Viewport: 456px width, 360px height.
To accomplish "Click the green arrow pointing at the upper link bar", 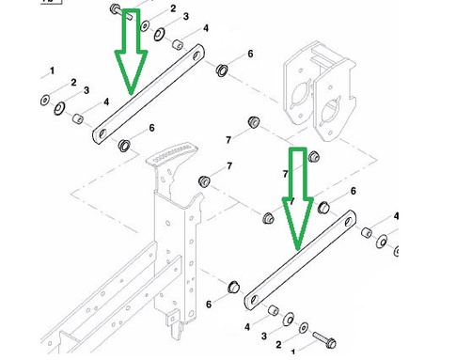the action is pos(131,50).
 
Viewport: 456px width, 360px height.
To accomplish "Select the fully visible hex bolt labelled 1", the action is pos(324,339).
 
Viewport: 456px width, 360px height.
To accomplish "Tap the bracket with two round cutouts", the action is pos(319,91).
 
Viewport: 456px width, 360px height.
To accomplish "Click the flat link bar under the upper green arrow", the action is pos(149,94).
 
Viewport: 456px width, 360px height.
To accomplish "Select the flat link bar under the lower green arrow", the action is pos(300,260).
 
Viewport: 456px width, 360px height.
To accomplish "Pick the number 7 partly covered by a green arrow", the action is pos(285,174).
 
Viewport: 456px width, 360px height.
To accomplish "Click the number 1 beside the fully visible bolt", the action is pos(293,352).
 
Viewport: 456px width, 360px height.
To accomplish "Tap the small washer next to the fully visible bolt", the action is pos(304,328).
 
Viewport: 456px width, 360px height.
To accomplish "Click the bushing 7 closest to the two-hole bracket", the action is pos(254,122).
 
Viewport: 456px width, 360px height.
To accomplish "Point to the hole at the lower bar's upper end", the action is pos(348,222).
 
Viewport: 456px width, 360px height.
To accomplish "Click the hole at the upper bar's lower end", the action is pos(102,134).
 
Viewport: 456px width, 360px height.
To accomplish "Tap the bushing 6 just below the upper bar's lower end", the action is pos(124,146).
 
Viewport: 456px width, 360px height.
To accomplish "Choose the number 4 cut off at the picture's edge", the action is pos(396,216).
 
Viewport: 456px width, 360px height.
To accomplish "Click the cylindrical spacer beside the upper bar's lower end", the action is pos(77,118).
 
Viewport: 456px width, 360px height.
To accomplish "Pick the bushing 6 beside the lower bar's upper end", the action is pos(323,208).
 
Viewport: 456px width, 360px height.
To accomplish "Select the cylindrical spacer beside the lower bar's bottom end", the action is pos(274,310).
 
